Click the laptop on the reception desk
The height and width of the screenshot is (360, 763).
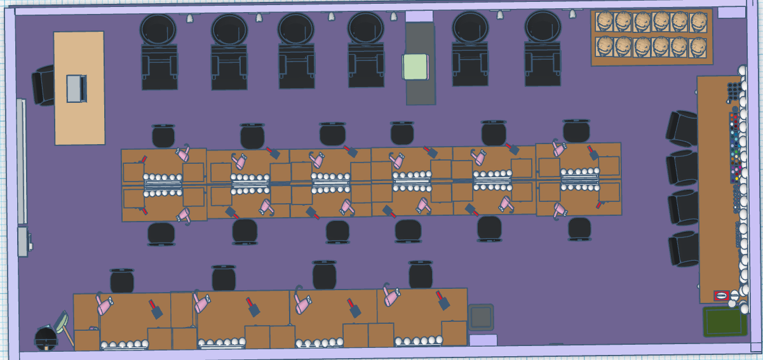click(x=76, y=88)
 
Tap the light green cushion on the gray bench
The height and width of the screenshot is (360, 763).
click(x=415, y=67)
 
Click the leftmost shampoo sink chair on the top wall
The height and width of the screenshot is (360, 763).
click(x=159, y=52)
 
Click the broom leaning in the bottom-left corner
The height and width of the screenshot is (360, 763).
click(x=64, y=326)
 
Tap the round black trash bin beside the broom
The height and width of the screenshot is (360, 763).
click(x=46, y=338)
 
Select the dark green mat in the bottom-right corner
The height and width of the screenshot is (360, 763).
click(x=724, y=321)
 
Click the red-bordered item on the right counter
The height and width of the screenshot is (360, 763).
click(x=721, y=295)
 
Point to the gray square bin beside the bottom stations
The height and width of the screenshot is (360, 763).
click(x=481, y=317)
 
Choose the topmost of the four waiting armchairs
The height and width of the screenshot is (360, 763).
click(x=683, y=128)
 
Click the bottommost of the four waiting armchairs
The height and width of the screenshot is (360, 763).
click(x=684, y=249)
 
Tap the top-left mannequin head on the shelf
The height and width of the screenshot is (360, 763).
click(x=605, y=22)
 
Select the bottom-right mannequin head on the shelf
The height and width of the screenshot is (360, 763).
click(x=699, y=46)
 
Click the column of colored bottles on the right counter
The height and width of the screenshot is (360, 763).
click(x=735, y=145)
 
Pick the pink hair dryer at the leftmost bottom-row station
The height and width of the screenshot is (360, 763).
click(x=104, y=305)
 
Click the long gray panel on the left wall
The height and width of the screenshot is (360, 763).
click(x=22, y=162)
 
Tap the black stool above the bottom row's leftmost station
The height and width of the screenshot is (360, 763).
click(x=122, y=281)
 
